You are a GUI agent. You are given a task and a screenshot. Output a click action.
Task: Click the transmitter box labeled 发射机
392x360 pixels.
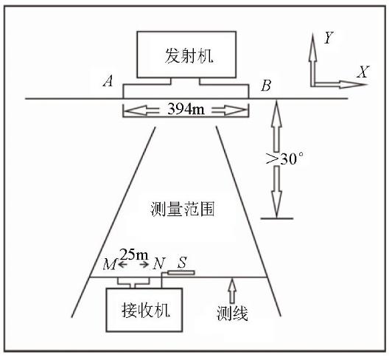(186, 55)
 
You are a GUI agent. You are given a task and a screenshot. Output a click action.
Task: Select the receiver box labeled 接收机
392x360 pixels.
(144, 310)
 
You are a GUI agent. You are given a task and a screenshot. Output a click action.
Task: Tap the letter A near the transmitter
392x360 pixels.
(108, 81)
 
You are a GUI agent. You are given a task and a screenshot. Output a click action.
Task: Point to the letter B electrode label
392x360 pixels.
(266, 86)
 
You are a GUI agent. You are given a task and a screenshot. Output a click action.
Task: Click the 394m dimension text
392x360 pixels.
(186, 109)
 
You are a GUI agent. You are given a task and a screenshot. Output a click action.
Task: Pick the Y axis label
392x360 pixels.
(328, 38)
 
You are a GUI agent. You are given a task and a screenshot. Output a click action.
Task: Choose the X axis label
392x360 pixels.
(363, 72)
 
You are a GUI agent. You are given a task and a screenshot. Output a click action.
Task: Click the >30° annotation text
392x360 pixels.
(284, 158)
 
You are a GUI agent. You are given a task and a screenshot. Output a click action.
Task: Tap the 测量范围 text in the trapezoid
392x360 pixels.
(182, 209)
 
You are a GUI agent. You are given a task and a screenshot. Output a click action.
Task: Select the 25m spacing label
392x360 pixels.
(134, 255)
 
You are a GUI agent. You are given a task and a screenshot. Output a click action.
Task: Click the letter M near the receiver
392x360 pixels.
(110, 264)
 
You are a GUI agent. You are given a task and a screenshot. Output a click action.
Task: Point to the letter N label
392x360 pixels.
(159, 263)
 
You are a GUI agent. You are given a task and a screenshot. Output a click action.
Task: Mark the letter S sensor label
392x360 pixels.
(182, 263)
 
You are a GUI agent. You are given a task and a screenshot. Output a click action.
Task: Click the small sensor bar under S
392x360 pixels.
(181, 272)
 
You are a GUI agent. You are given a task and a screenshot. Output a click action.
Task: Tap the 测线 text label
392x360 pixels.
(232, 314)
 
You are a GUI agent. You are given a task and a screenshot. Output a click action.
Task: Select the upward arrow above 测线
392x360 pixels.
(233, 291)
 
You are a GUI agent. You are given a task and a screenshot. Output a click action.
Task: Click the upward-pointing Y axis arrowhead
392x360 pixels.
(312, 46)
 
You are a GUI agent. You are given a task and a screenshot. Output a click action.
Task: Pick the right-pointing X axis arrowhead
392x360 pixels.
(353, 84)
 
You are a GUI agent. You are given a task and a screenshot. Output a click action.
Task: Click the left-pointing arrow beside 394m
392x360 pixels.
(141, 110)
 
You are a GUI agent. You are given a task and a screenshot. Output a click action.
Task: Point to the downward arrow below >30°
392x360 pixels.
(276, 192)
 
